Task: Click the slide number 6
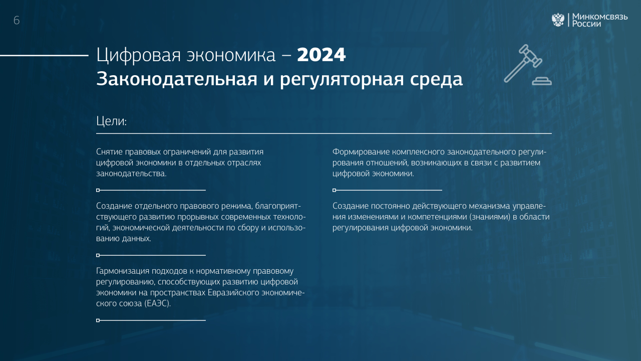17,21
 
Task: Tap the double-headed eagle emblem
558,20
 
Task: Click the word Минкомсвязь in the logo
600,17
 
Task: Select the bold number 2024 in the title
321,55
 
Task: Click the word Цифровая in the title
139,55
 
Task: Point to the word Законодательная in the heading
177,79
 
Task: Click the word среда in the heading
436,79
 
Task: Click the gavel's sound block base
542,81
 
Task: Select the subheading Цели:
111,121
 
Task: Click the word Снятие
109,151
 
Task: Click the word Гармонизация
123,271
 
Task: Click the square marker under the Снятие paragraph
98,190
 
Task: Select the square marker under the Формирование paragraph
334,190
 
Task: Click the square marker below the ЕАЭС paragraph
98,320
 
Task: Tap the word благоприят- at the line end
278,206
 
